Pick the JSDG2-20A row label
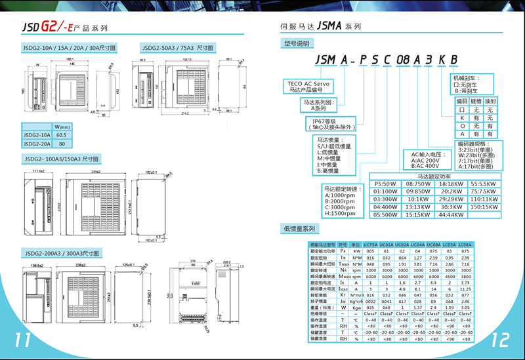tap(37, 143)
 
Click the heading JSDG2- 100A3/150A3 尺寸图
tap(61, 159)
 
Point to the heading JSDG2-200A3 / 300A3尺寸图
tap(60, 253)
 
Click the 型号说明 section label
tap(295, 43)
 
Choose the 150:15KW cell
tap(484, 206)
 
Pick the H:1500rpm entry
tap(343, 213)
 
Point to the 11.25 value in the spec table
tap(465, 288)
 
